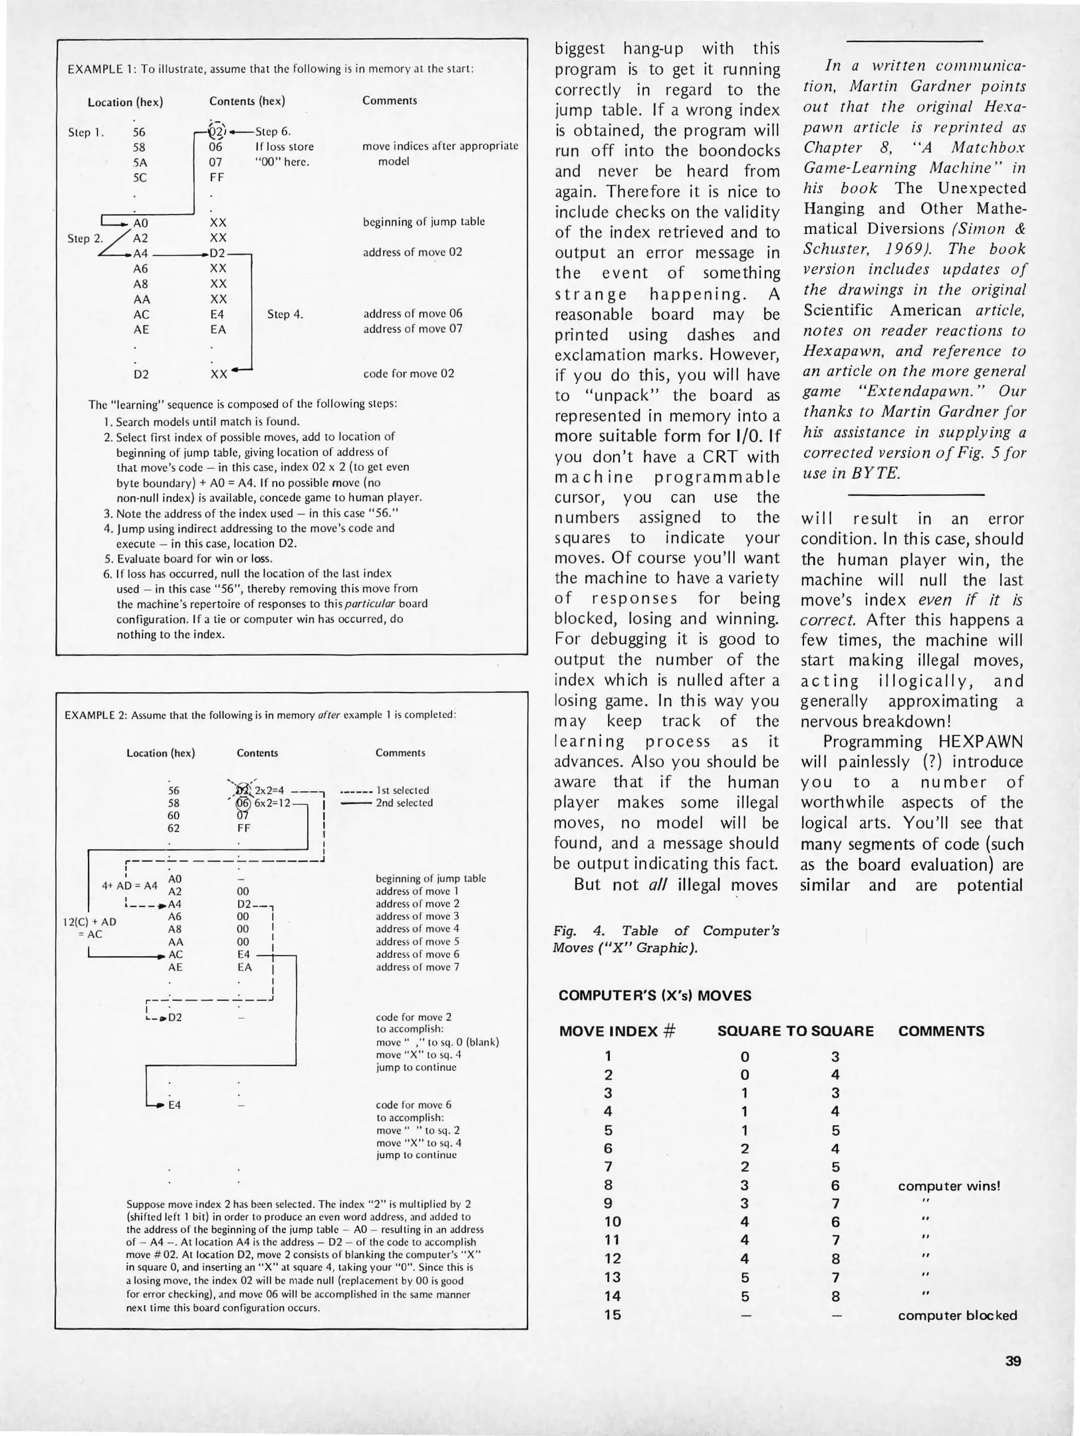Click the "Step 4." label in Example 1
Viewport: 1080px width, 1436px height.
pos(285,314)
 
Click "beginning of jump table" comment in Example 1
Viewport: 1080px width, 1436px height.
pos(424,221)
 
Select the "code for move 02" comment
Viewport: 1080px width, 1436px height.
pos(408,373)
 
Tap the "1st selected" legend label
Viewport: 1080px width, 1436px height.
pos(402,790)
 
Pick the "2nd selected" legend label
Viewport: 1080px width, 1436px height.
pos(404,802)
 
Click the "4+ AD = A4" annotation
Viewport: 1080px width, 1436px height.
pos(130,885)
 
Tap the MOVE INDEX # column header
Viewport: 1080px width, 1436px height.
pos(617,1031)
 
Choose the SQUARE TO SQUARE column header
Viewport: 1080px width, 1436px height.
pos(795,1031)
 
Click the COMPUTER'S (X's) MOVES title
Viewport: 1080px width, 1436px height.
pos(654,995)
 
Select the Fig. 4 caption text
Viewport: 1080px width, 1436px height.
pos(666,939)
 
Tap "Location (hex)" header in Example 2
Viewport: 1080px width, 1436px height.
pos(160,753)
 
